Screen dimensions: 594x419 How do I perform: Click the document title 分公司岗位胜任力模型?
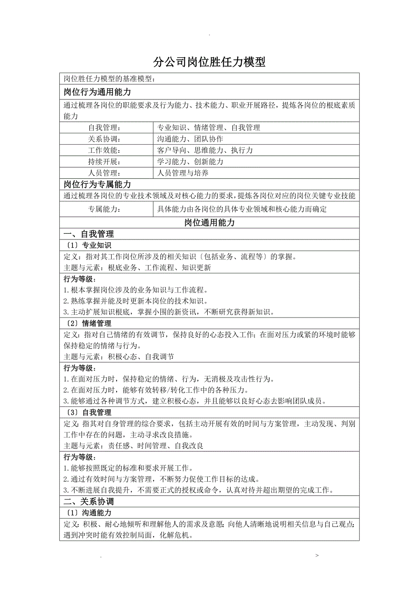coord(209,62)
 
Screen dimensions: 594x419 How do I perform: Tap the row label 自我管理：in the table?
coord(104,128)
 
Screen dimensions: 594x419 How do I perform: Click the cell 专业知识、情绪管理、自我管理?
coord(208,128)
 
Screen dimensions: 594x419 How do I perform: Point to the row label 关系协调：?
coord(104,139)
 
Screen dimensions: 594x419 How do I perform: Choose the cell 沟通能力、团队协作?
coord(190,139)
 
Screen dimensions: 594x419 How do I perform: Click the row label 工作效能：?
coord(104,150)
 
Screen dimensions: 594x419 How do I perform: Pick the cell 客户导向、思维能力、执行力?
coord(204,150)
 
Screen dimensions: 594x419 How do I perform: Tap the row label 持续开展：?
coord(104,162)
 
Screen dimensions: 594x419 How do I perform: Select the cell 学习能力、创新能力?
coord(190,162)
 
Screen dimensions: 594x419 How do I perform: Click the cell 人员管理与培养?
coord(183,173)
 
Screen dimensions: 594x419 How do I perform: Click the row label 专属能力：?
coord(104,209)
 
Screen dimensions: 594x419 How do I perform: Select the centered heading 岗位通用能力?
coord(209,223)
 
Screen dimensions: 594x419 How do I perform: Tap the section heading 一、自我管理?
coord(88,234)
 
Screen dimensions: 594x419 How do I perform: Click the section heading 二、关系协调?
coord(88,501)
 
